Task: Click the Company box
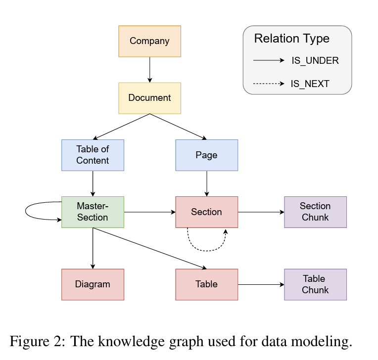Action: click(149, 42)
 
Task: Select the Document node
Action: click(149, 98)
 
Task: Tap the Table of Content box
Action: click(93, 155)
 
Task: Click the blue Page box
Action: click(206, 155)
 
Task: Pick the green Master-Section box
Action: click(93, 212)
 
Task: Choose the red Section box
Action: click(206, 212)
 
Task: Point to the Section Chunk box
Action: click(315, 212)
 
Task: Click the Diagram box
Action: click(93, 284)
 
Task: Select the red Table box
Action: click(206, 284)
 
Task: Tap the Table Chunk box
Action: click(315, 284)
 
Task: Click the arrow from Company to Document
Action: click(149, 70)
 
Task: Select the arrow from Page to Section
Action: click(206, 183)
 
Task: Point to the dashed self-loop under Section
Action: click(206, 244)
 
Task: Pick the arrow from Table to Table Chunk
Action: click(261, 285)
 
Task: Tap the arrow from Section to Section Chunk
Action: click(261, 212)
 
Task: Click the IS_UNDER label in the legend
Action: click(315, 61)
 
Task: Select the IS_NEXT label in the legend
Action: click(310, 84)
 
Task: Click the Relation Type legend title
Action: click(291, 39)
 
